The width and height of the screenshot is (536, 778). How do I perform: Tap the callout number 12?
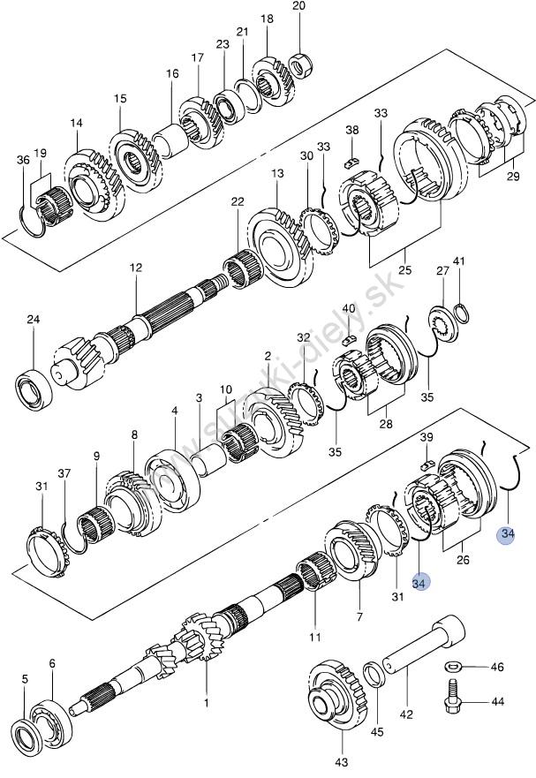pyautogui.click(x=136, y=268)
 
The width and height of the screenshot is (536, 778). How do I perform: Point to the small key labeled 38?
pyautogui.click(x=351, y=162)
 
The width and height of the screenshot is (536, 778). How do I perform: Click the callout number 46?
pyautogui.click(x=497, y=667)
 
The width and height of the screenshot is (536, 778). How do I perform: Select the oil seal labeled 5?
pyautogui.click(x=25, y=735)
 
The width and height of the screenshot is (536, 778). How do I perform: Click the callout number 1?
pyautogui.click(x=207, y=702)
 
